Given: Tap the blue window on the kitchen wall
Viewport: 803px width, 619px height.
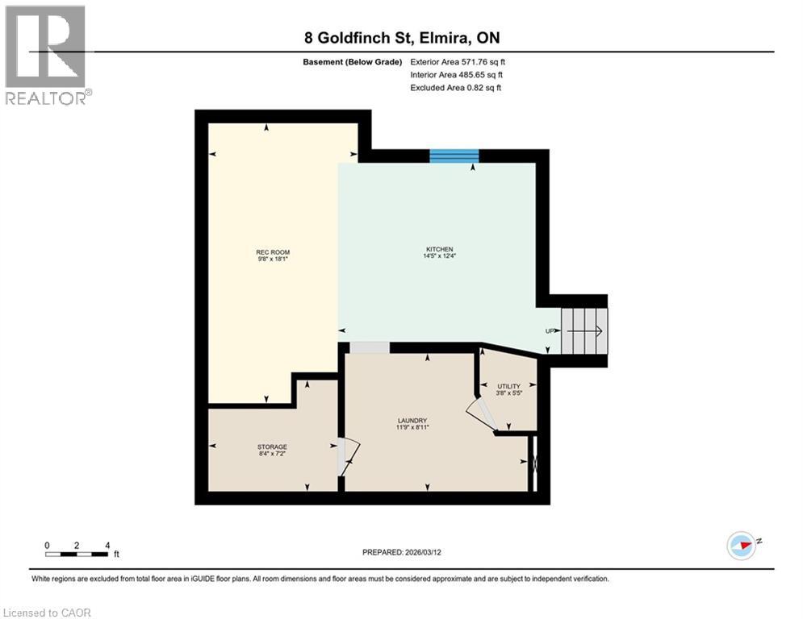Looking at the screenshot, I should (454, 156).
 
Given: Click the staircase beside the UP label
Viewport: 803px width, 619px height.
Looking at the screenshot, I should (584, 330).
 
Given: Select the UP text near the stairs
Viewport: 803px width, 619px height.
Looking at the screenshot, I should (550, 331).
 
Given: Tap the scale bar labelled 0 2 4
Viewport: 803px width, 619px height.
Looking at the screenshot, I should (77, 554).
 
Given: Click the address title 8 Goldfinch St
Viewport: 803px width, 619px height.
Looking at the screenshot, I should (401, 38).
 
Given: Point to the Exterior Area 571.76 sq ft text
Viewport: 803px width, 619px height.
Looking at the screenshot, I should (458, 61).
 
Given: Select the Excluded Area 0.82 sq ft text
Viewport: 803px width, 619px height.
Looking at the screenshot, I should (455, 87).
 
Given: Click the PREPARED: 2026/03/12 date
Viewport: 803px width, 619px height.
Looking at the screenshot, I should (402, 552).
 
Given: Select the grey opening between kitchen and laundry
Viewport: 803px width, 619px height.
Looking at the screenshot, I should (370, 347).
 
